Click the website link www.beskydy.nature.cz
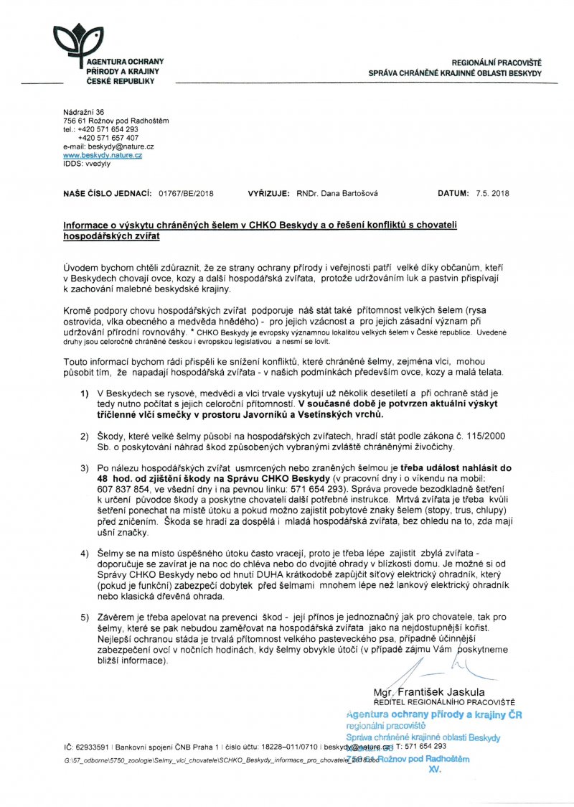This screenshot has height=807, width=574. coord(103,155)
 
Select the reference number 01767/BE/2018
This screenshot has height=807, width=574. coord(186,194)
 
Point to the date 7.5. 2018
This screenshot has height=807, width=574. coord(490,194)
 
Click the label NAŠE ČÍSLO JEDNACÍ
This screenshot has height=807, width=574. coord(107,194)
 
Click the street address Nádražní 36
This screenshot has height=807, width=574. coord(84,112)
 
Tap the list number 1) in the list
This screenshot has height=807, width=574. coord(85,395)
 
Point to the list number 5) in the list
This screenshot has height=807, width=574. coord(85,617)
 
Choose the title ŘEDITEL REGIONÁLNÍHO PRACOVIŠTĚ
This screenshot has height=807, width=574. coord(444,701)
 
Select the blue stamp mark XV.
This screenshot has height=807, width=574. coord(434,769)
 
